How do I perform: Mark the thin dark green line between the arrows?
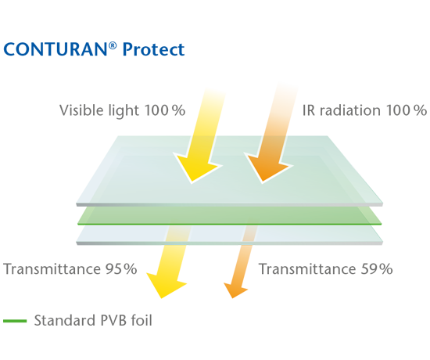pyautogui.click(x=227, y=224)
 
